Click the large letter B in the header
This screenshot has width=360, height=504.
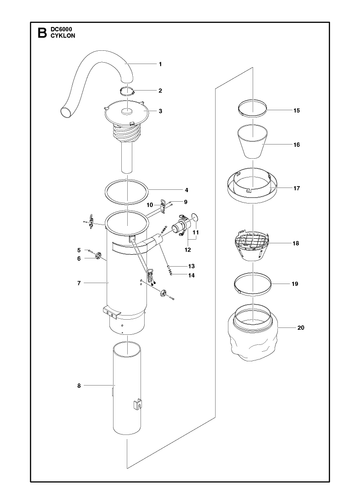pyautogui.click(x=42, y=33)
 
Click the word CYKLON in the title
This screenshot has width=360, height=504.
pyautogui.click(x=63, y=36)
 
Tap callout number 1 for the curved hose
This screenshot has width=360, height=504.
pyautogui.click(x=160, y=64)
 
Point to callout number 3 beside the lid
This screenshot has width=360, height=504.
pyautogui.click(x=160, y=111)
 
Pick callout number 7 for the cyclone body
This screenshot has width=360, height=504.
pyautogui.click(x=79, y=283)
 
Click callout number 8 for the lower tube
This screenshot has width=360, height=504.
pyautogui.click(x=79, y=386)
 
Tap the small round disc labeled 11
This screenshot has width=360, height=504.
pyautogui.click(x=195, y=217)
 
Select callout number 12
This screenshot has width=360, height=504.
pyautogui.click(x=188, y=250)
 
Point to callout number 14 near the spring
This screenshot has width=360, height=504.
pyautogui.click(x=191, y=275)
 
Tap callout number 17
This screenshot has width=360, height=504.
pyautogui.click(x=297, y=188)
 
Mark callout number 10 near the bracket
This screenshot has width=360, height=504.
pyautogui.click(x=150, y=205)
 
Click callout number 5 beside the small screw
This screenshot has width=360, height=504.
pyautogui.click(x=79, y=250)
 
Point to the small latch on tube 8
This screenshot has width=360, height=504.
pyautogui.click(x=137, y=403)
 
